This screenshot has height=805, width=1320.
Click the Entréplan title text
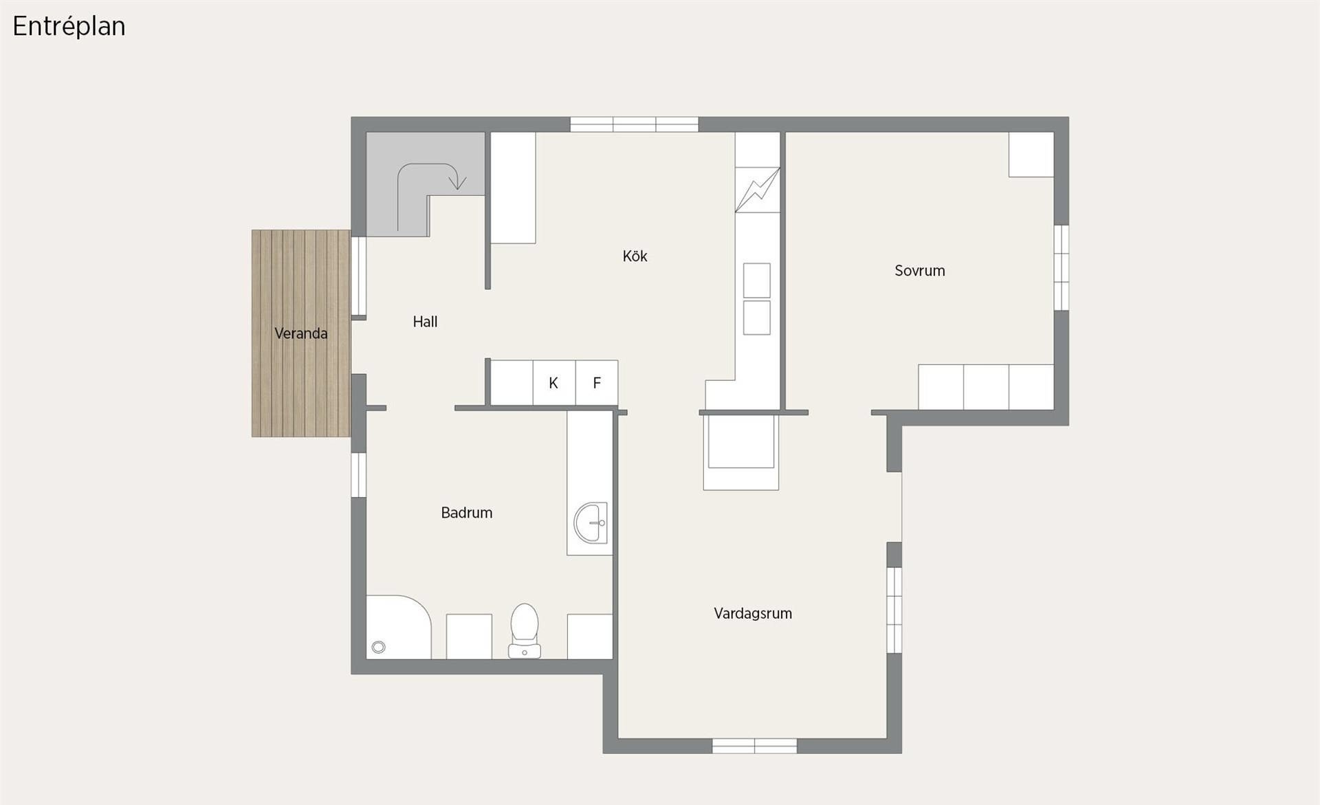pyautogui.click(x=69, y=27)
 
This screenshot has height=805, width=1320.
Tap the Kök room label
pyautogui.click(x=635, y=256)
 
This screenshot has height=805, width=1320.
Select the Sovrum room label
pyautogui.click(x=919, y=271)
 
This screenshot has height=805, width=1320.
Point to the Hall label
pyautogui.click(x=425, y=321)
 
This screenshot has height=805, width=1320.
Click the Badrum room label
pyautogui.click(x=466, y=513)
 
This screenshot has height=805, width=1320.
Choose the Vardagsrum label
pyautogui.click(x=753, y=613)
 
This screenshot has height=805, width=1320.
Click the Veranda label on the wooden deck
pyautogui.click(x=300, y=333)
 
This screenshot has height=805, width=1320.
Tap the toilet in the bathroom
pyautogui.click(x=525, y=631)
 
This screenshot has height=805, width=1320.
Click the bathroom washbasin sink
pyautogui.click(x=591, y=523)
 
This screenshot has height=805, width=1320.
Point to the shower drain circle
pyautogui.click(x=378, y=647)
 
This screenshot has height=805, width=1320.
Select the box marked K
pyautogui.click(x=554, y=383)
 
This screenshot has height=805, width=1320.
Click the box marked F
pyautogui.click(x=597, y=383)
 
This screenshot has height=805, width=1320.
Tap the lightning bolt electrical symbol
pyautogui.click(x=758, y=190)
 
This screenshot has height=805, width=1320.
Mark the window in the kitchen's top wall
pyautogui.click(x=635, y=124)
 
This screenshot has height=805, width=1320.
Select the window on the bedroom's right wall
pyautogui.click(x=1061, y=267)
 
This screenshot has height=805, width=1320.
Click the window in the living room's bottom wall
pyautogui.click(x=754, y=746)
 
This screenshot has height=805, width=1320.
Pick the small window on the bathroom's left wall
pyautogui.click(x=358, y=474)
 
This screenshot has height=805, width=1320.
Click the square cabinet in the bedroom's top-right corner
pyautogui.click(x=1031, y=155)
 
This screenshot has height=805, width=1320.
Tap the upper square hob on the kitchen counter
pyautogui.click(x=757, y=280)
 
